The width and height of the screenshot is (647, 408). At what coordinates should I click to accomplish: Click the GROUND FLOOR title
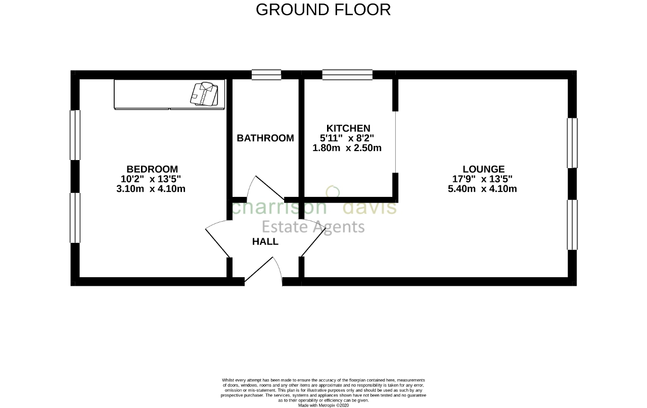(x=323, y=10)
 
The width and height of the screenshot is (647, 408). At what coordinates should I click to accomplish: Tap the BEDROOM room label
(x=152, y=169)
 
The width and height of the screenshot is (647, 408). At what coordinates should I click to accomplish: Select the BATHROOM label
(x=265, y=138)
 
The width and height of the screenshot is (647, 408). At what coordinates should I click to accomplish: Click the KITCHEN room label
(x=348, y=128)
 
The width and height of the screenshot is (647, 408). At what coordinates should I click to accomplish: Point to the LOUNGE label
(x=484, y=169)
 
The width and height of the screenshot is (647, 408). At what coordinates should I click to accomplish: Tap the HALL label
(x=265, y=241)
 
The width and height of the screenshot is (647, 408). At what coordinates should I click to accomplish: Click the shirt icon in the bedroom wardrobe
(x=204, y=94)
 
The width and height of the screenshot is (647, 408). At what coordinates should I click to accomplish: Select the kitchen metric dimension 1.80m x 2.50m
(x=347, y=148)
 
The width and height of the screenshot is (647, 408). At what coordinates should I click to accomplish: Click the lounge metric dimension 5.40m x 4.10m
(x=482, y=189)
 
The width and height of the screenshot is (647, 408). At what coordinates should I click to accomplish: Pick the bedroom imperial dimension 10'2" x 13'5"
(x=151, y=179)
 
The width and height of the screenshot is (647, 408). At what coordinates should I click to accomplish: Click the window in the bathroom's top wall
(x=266, y=74)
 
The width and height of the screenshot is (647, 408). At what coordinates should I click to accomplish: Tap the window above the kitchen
(x=347, y=74)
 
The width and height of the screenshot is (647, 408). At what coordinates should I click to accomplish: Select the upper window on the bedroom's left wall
(x=75, y=135)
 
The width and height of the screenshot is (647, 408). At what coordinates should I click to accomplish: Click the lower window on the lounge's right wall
(x=572, y=225)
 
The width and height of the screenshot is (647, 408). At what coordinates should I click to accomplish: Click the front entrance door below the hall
(x=263, y=272)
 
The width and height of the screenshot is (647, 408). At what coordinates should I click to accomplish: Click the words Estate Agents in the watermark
(x=313, y=227)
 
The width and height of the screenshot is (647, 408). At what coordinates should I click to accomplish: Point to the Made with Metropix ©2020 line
(x=323, y=405)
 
